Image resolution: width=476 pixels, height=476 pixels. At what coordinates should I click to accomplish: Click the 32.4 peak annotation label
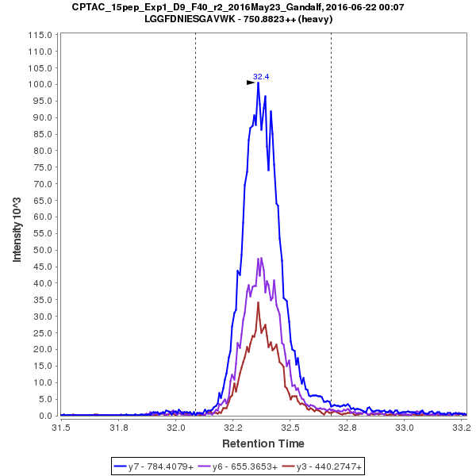tap(261, 77)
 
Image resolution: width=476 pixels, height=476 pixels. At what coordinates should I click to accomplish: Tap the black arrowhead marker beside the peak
tap(251, 82)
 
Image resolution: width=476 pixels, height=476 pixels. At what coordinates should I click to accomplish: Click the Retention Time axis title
tap(263, 443)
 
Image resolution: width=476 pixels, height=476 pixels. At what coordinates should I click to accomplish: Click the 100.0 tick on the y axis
tap(40, 84)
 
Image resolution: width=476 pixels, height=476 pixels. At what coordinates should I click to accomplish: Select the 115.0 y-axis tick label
tap(40, 35)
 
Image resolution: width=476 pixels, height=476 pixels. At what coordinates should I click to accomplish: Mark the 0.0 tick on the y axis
tap(45, 416)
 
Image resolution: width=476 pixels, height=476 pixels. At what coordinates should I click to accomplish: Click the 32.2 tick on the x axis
tap(233, 428)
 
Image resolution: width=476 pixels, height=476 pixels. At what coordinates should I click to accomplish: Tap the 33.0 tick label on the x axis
tap(405, 428)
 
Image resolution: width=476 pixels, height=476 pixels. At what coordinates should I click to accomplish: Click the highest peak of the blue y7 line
tap(259, 83)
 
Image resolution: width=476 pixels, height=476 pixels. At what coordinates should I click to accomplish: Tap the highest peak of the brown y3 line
tap(258, 302)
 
